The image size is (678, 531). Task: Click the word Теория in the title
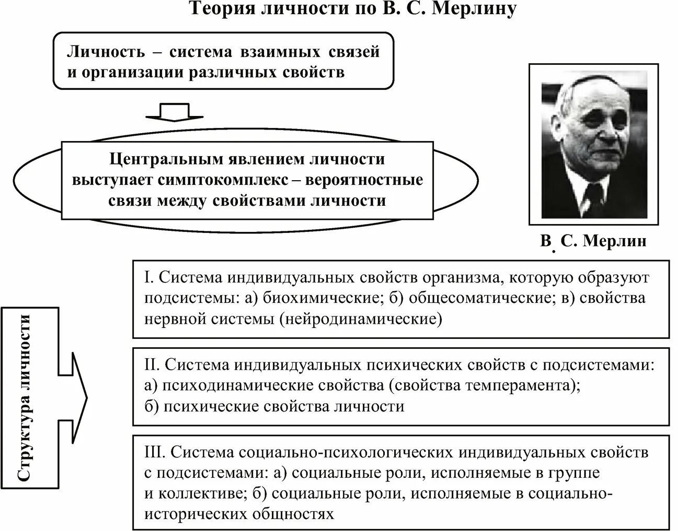click(x=220, y=9)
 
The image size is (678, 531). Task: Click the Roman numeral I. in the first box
click(x=148, y=277)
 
